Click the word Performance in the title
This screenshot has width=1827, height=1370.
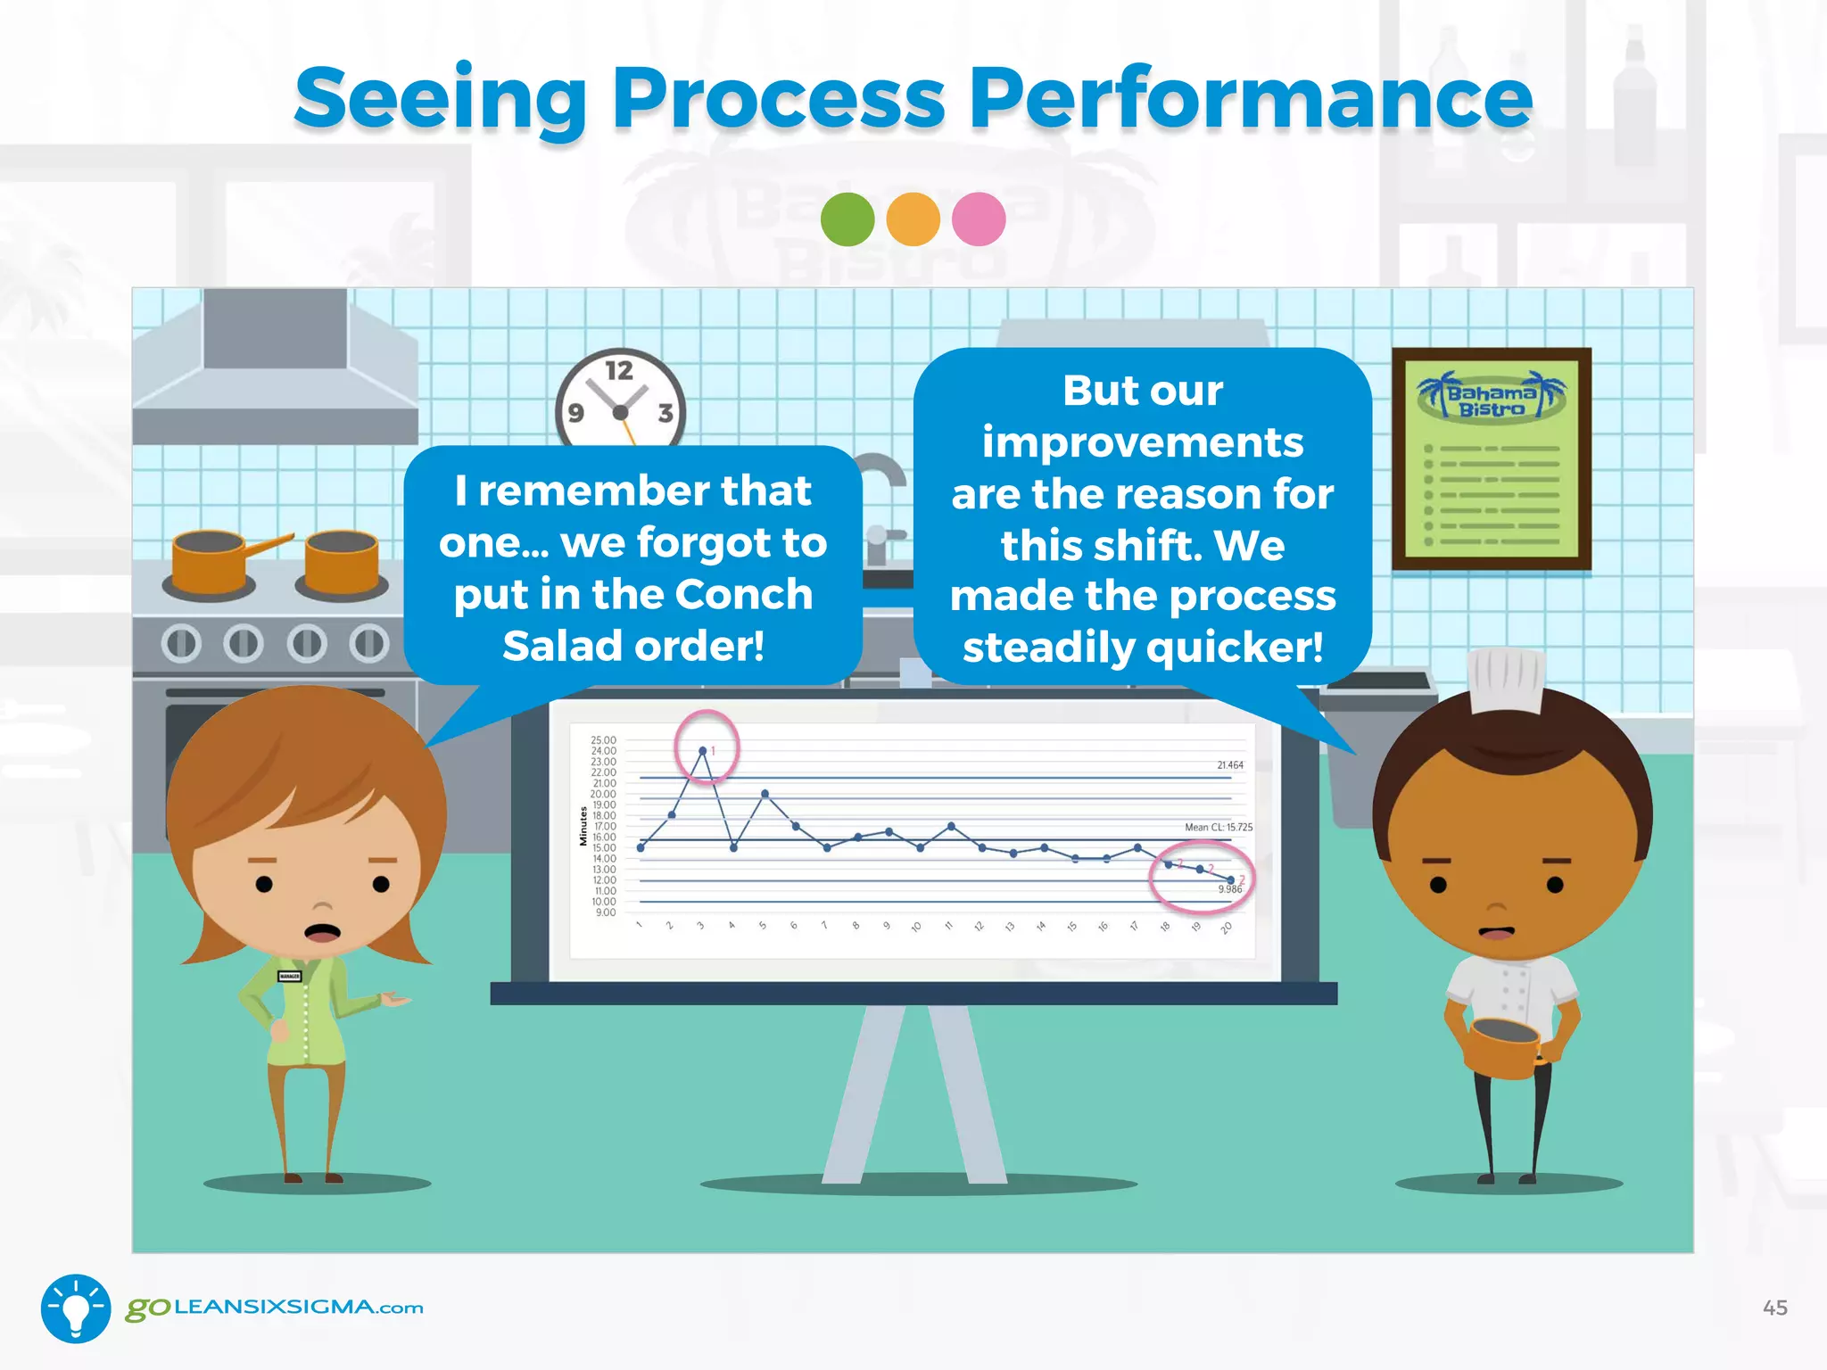[1251, 98]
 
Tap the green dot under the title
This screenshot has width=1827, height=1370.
[847, 219]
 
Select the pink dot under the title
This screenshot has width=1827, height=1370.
[979, 219]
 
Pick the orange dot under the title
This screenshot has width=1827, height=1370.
[913, 219]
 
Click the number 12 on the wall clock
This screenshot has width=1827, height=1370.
[619, 370]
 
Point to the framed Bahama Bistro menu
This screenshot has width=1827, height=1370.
[1492, 459]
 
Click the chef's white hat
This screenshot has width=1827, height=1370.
[1506, 680]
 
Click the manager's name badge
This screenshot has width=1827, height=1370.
[290, 976]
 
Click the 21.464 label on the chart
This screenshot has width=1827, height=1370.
[1229, 765]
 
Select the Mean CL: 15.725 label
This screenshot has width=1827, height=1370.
[1218, 828]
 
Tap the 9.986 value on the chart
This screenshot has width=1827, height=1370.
[1229, 889]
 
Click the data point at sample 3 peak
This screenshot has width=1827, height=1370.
[703, 751]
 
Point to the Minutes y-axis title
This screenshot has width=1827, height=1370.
[583, 826]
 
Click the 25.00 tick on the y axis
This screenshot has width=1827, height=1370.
[603, 740]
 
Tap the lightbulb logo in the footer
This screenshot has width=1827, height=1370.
[76, 1308]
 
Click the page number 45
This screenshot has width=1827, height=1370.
[1774, 1308]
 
